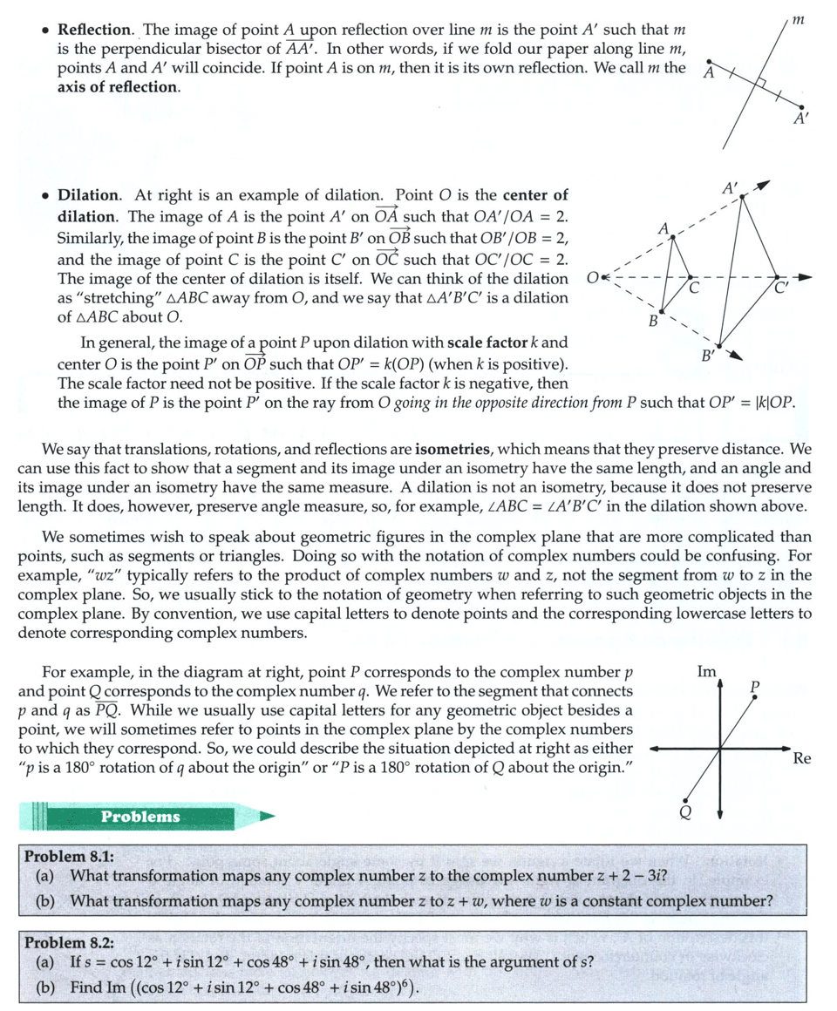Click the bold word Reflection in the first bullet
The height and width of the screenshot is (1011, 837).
pyautogui.click(x=94, y=31)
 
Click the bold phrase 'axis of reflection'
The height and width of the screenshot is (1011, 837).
pyautogui.click(x=119, y=88)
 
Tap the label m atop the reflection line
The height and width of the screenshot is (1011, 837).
pyautogui.click(x=799, y=17)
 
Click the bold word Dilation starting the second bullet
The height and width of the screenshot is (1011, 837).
pyautogui.click(x=89, y=195)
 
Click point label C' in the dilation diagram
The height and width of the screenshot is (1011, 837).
pyautogui.click(x=781, y=291)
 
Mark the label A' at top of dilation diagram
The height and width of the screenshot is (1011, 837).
pyautogui.click(x=730, y=187)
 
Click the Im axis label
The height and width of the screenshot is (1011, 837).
pyautogui.click(x=707, y=672)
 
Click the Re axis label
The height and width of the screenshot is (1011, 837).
pyautogui.click(x=802, y=758)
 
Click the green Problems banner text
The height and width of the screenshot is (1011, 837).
pyautogui.click(x=139, y=817)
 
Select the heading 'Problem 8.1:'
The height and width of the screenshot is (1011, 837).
pyautogui.click(x=69, y=856)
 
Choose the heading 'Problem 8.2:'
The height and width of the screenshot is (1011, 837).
pyautogui.click(x=69, y=943)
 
